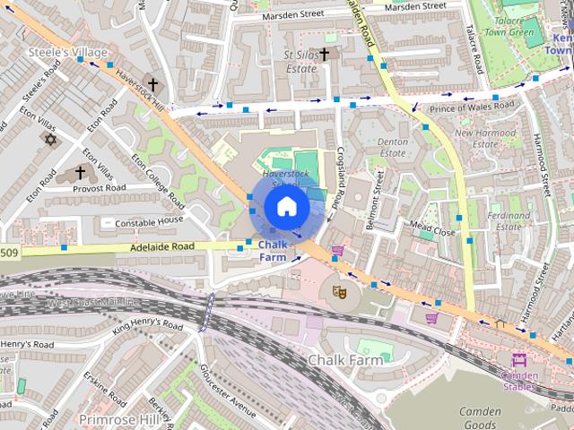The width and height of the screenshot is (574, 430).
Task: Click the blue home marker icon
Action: point(286,206)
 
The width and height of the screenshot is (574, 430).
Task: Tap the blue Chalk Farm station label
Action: point(273,251)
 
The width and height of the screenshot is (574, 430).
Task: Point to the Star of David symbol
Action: point(50,140)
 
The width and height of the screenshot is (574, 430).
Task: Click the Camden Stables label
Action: point(519,381)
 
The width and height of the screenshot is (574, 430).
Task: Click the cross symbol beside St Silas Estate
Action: point(324,55)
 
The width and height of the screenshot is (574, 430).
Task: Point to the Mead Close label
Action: point(432,229)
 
